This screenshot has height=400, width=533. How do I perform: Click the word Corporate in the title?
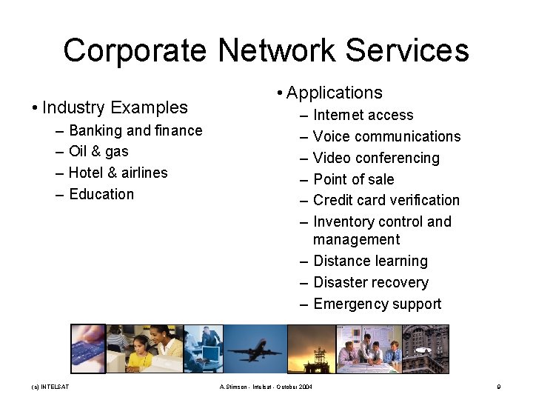tap(135, 50)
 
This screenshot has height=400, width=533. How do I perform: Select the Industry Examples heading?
tap(115, 107)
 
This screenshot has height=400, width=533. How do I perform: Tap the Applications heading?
tap(334, 93)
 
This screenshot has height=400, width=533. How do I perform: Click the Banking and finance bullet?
tap(135, 130)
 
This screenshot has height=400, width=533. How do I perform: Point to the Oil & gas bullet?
tap(98, 151)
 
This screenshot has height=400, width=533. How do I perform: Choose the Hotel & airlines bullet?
tap(118, 173)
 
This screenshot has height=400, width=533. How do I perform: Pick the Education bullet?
tap(101, 194)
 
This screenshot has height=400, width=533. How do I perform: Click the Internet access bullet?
tap(363, 115)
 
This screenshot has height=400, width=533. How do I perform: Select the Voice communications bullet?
tap(386, 136)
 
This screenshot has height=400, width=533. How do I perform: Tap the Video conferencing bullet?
tap(376, 158)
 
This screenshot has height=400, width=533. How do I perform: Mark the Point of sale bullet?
tap(353, 179)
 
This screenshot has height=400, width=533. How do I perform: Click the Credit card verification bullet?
tap(386, 200)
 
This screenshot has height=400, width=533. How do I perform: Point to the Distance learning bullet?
tap(370, 261)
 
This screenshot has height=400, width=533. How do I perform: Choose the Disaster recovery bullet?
tap(370, 282)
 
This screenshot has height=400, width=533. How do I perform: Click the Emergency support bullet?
tap(377, 304)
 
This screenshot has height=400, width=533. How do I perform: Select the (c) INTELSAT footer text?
tap(50, 387)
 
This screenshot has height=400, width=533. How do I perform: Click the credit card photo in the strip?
tap(88, 349)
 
